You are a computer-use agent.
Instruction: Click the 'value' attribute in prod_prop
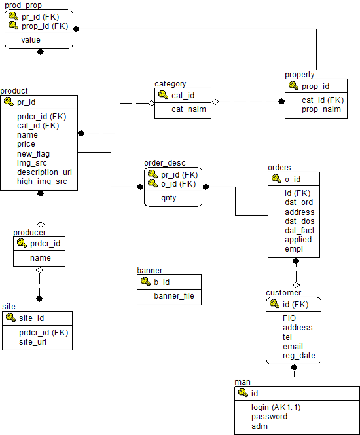[x=31, y=40]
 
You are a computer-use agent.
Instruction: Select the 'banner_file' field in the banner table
[x=174, y=296]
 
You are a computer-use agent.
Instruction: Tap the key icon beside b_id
[x=145, y=281]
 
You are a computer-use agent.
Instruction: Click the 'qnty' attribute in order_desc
[x=169, y=198]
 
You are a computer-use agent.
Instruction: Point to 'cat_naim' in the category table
[x=189, y=109]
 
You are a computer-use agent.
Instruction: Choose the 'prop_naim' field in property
[x=321, y=109]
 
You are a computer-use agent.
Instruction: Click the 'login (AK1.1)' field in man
[x=276, y=407]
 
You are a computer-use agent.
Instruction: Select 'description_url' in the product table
[x=45, y=172]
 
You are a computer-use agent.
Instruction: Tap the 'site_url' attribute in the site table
[x=33, y=342]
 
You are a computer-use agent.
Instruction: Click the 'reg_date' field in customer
[x=298, y=356]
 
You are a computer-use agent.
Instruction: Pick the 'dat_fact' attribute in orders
[x=300, y=231]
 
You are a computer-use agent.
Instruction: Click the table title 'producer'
[x=29, y=233]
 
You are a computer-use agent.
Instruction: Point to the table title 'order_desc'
[x=165, y=163]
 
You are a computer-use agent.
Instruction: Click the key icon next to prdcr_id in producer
[x=22, y=243]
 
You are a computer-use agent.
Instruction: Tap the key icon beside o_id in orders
[x=276, y=178]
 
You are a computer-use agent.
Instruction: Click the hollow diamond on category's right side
[x=215, y=102]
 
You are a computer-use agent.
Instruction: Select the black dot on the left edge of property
[x=281, y=102]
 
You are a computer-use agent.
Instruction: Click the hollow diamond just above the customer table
[x=297, y=285]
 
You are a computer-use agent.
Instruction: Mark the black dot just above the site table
[x=39, y=299]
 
